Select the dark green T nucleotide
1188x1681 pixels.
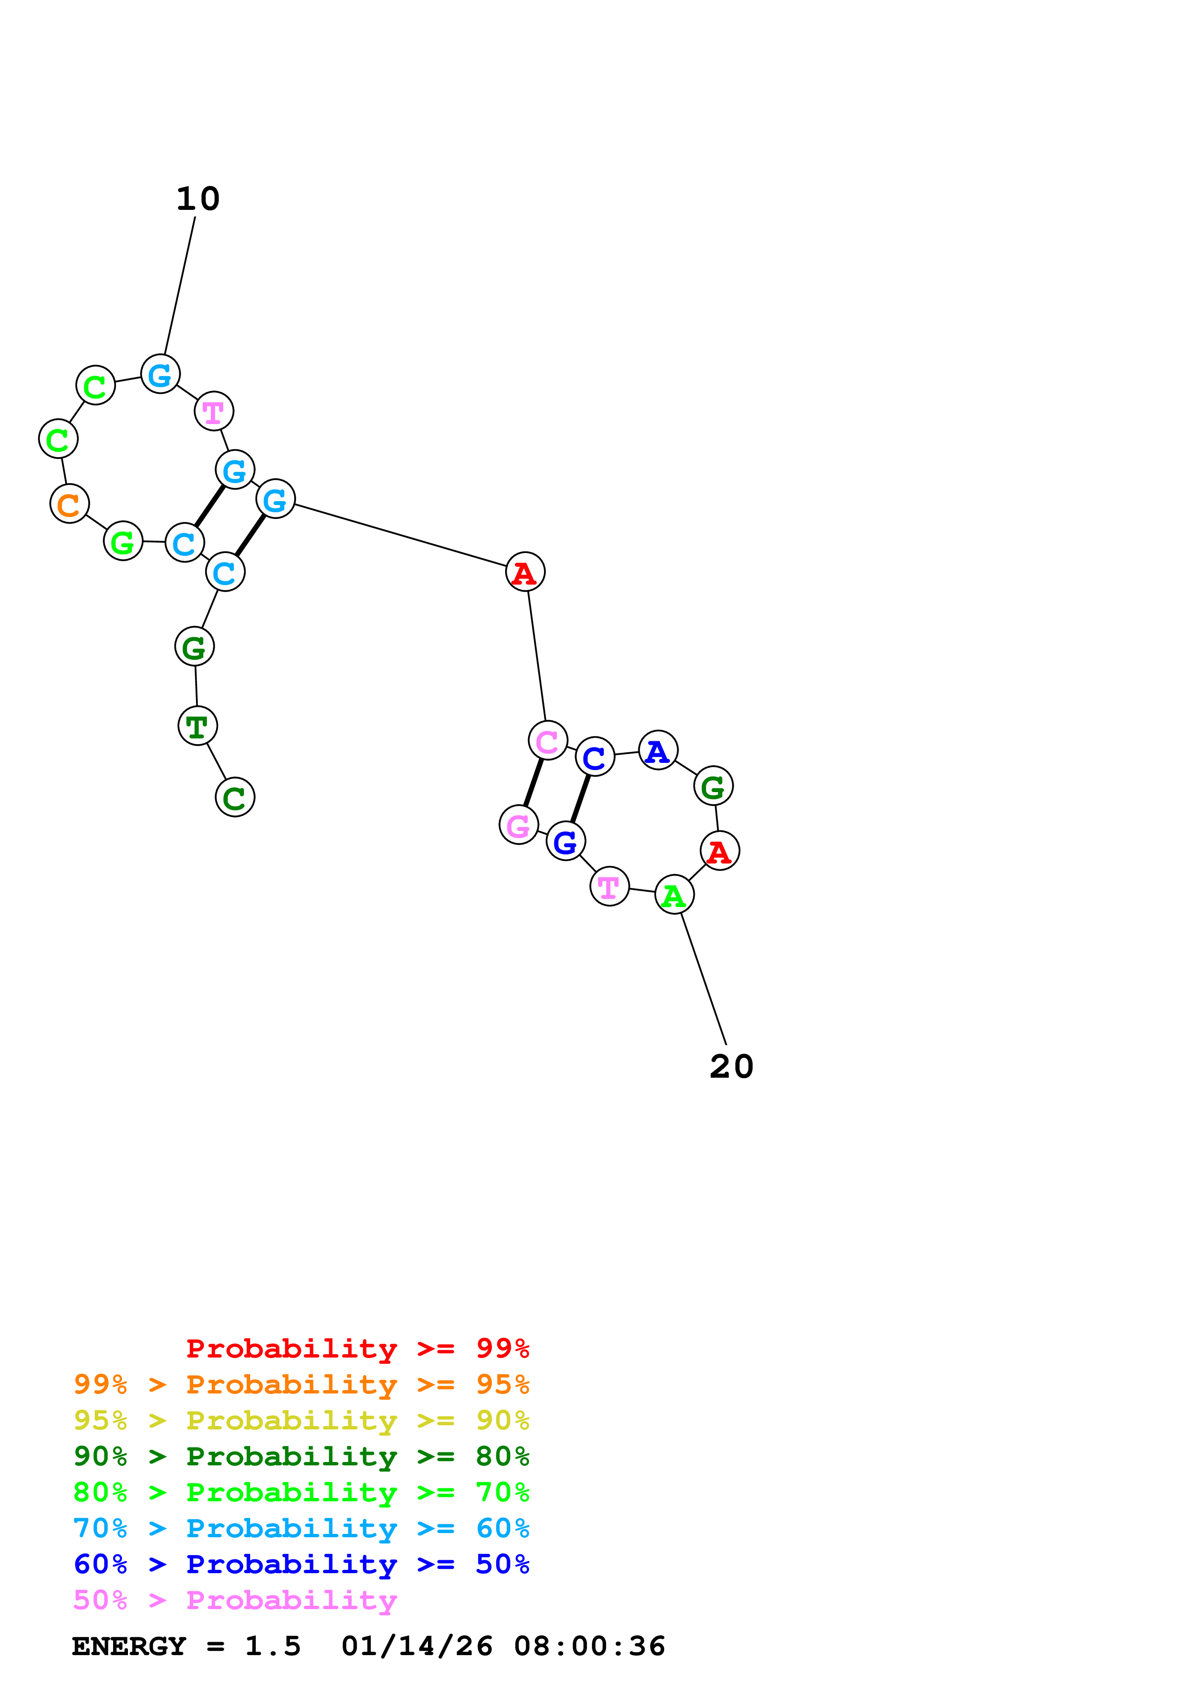coord(197,725)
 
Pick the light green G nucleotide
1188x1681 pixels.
coord(123,541)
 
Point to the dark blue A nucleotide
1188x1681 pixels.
coord(658,750)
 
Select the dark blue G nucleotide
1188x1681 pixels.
coord(566,840)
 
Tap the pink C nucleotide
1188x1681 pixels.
coord(548,741)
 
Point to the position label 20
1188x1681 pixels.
coord(731,1066)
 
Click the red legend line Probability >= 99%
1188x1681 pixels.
coord(358,1348)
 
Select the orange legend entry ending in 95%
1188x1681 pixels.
coord(301,1384)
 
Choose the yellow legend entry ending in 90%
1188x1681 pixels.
coord(301,1420)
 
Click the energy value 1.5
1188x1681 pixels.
coord(273,1646)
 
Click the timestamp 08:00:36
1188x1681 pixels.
coord(590,1646)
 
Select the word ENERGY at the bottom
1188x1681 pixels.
coord(129,1646)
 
